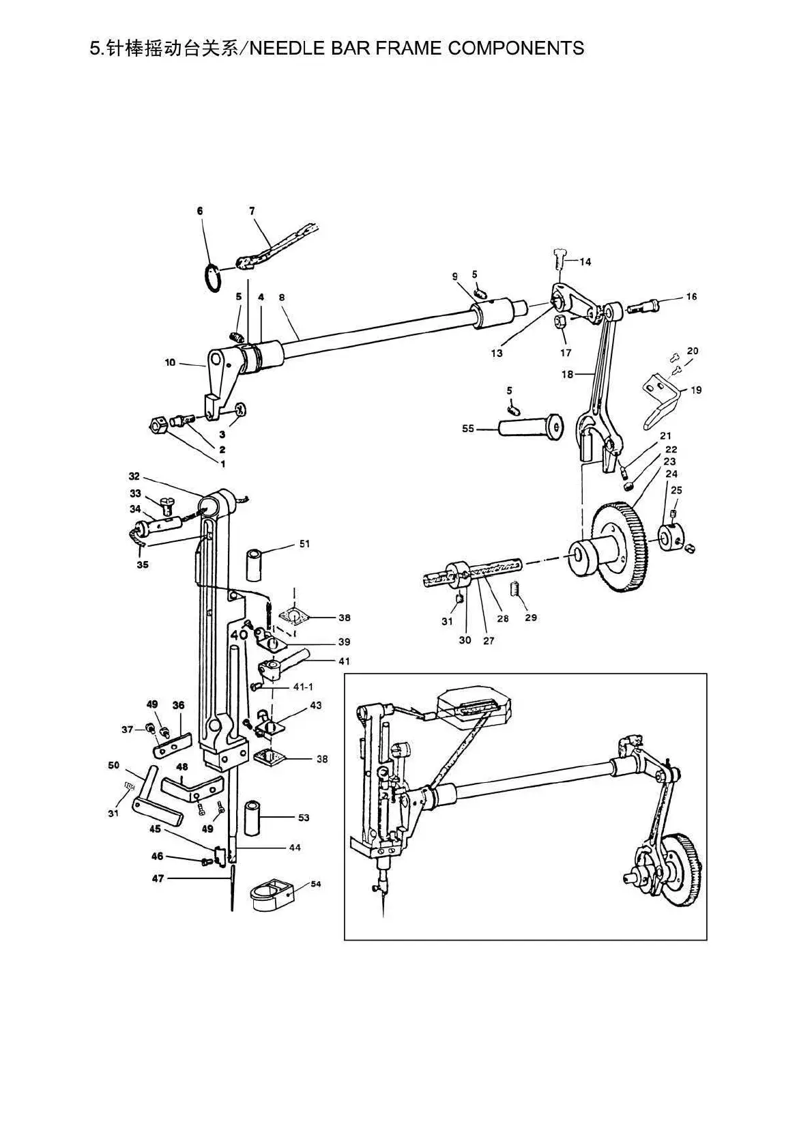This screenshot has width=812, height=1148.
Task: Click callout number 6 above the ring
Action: tap(200, 212)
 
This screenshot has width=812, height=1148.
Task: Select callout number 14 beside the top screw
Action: tap(585, 262)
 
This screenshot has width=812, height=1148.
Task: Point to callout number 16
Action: tap(691, 297)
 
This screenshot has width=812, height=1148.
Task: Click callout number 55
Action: tap(467, 429)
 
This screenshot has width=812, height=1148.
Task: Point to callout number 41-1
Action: tap(304, 687)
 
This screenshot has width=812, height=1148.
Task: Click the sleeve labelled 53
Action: tap(257, 815)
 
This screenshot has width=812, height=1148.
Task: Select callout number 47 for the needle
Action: tap(158, 879)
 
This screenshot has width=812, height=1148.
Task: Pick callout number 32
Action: tap(134, 476)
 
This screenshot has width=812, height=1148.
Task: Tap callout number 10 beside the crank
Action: tap(170, 362)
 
